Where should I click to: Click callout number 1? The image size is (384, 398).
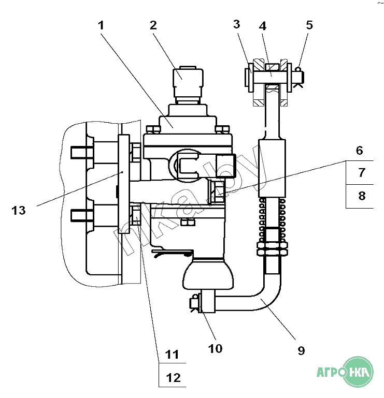101,26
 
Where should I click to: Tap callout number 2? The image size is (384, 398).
153,25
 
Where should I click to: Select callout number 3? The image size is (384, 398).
237,24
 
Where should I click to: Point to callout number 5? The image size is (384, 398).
309,25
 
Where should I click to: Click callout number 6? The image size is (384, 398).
359,151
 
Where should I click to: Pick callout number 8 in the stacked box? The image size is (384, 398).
362,196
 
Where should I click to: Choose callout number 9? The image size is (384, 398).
301,351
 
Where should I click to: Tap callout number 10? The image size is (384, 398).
215,349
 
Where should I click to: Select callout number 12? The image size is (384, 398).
173,378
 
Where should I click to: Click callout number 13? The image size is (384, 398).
19,211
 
